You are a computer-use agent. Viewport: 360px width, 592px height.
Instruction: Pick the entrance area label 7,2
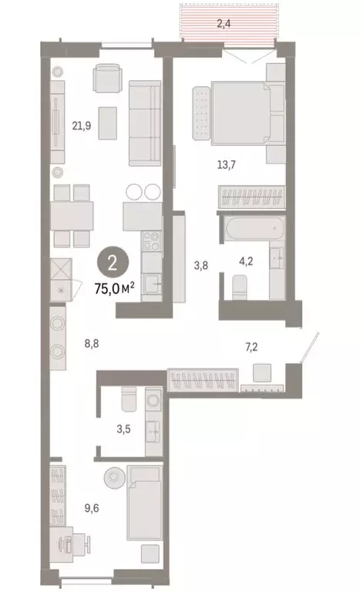(x=252, y=348)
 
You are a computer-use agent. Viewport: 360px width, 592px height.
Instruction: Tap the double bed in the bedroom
(x=243, y=113)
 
